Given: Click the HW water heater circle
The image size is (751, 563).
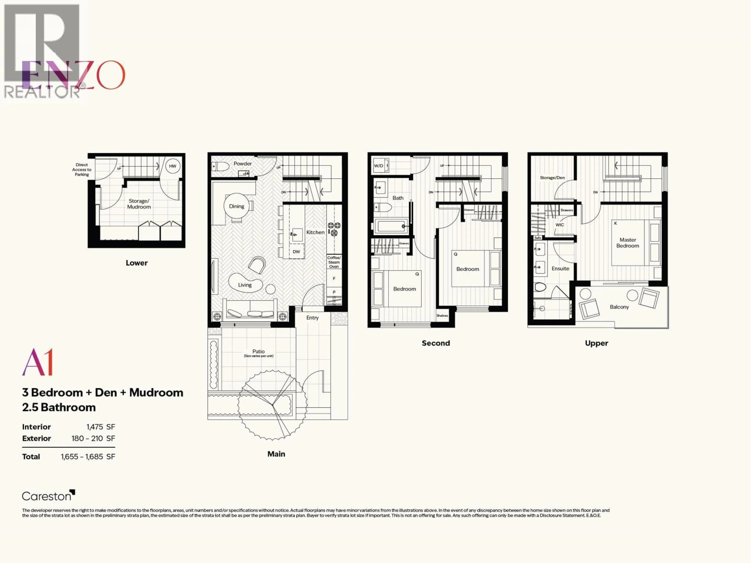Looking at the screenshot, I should click(172, 166).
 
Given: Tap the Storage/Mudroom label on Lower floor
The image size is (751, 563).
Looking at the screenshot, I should click(139, 204).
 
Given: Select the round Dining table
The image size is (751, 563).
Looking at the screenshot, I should click(236, 206).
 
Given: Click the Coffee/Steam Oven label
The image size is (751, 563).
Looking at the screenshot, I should click(334, 262).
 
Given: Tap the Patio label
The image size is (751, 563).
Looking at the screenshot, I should click(258, 351).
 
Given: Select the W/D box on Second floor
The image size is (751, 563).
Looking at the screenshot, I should click(379, 166).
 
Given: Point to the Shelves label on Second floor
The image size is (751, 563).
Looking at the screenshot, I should click(442, 316).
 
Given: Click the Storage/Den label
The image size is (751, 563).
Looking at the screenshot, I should click(552, 178).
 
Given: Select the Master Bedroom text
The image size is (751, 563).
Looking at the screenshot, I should click(627, 243).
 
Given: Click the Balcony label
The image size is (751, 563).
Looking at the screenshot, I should click(619, 307).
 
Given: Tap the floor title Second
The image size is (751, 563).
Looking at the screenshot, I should click(436, 343).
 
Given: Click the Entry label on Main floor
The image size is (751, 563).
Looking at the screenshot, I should click(312, 318).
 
